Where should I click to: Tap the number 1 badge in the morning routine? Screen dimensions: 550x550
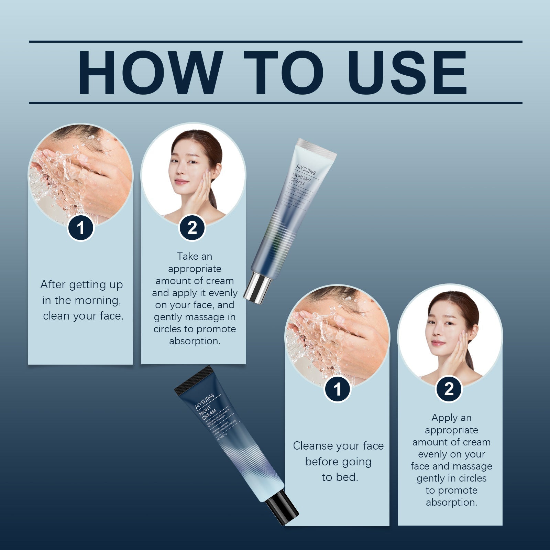(x=80, y=228)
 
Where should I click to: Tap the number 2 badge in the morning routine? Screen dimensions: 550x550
(x=192, y=228)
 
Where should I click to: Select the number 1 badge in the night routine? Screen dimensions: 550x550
(x=338, y=389)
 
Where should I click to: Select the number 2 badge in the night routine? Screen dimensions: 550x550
(x=449, y=389)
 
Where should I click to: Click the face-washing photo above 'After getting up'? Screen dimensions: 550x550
(x=80, y=172)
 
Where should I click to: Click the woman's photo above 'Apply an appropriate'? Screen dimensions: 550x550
(x=450, y=335)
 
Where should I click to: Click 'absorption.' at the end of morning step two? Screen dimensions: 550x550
(x=195, y=341)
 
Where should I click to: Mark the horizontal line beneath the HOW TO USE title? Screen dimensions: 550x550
(x=275, y=103)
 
